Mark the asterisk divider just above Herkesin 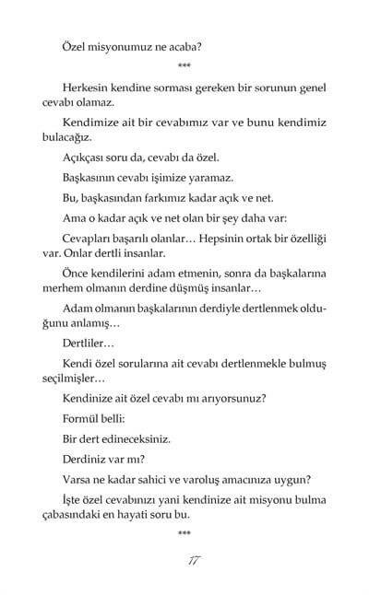(184, 67)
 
